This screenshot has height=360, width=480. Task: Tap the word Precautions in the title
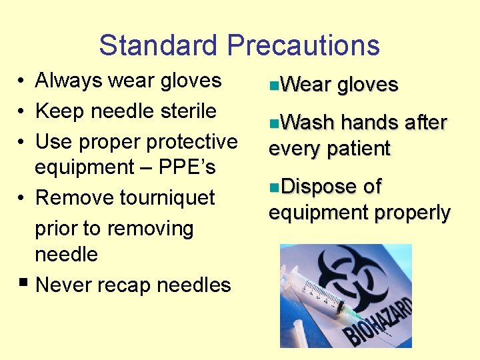(x=303, y=45)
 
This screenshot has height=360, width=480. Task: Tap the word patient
(x=360, y=148)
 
